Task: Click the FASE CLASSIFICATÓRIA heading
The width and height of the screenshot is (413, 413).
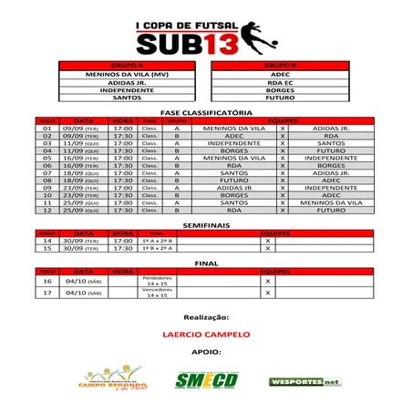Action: pyautogui.click(x=206, y=112)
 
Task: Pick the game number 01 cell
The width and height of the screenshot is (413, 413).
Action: pyautogui.click(x=47, y=129)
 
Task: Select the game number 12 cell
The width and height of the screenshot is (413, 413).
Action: pyautogui.click(x=47, y=210)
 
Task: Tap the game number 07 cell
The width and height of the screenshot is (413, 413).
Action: pyautogui.click(x=47, y=172)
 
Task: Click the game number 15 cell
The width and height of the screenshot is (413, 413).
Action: pyautogui.click(x=47, y=248)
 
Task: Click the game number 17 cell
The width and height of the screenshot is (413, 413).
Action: pyautogui.click(x=47, y=294)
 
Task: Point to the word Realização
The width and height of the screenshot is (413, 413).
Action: pyautogui.click(x=206, y=317)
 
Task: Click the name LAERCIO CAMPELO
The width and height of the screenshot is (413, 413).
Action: pyautogui.click(x=206, y=335)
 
